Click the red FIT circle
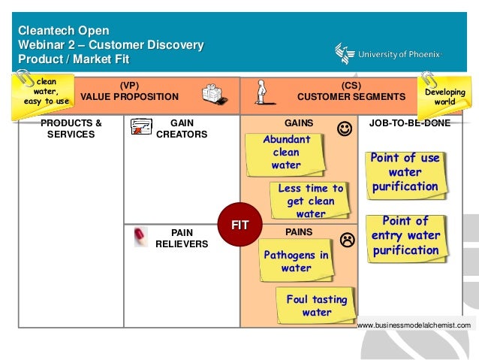point(239,225)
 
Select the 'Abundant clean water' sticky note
point(286,153)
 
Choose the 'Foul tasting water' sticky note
point(316,305)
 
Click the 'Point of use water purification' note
point(405,172)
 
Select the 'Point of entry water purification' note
point(405,236)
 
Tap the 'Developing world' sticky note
point(444,97)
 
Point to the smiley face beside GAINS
point(344,129)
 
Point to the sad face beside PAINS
point(347,241)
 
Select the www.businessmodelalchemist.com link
point(414,325)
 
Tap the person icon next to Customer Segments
point(261,92)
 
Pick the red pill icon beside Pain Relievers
point(140,237)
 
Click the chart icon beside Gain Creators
point(141,127)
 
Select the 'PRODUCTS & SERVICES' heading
point(71,129)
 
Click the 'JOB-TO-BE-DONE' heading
point(409,123)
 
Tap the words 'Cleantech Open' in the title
point(64,31)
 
